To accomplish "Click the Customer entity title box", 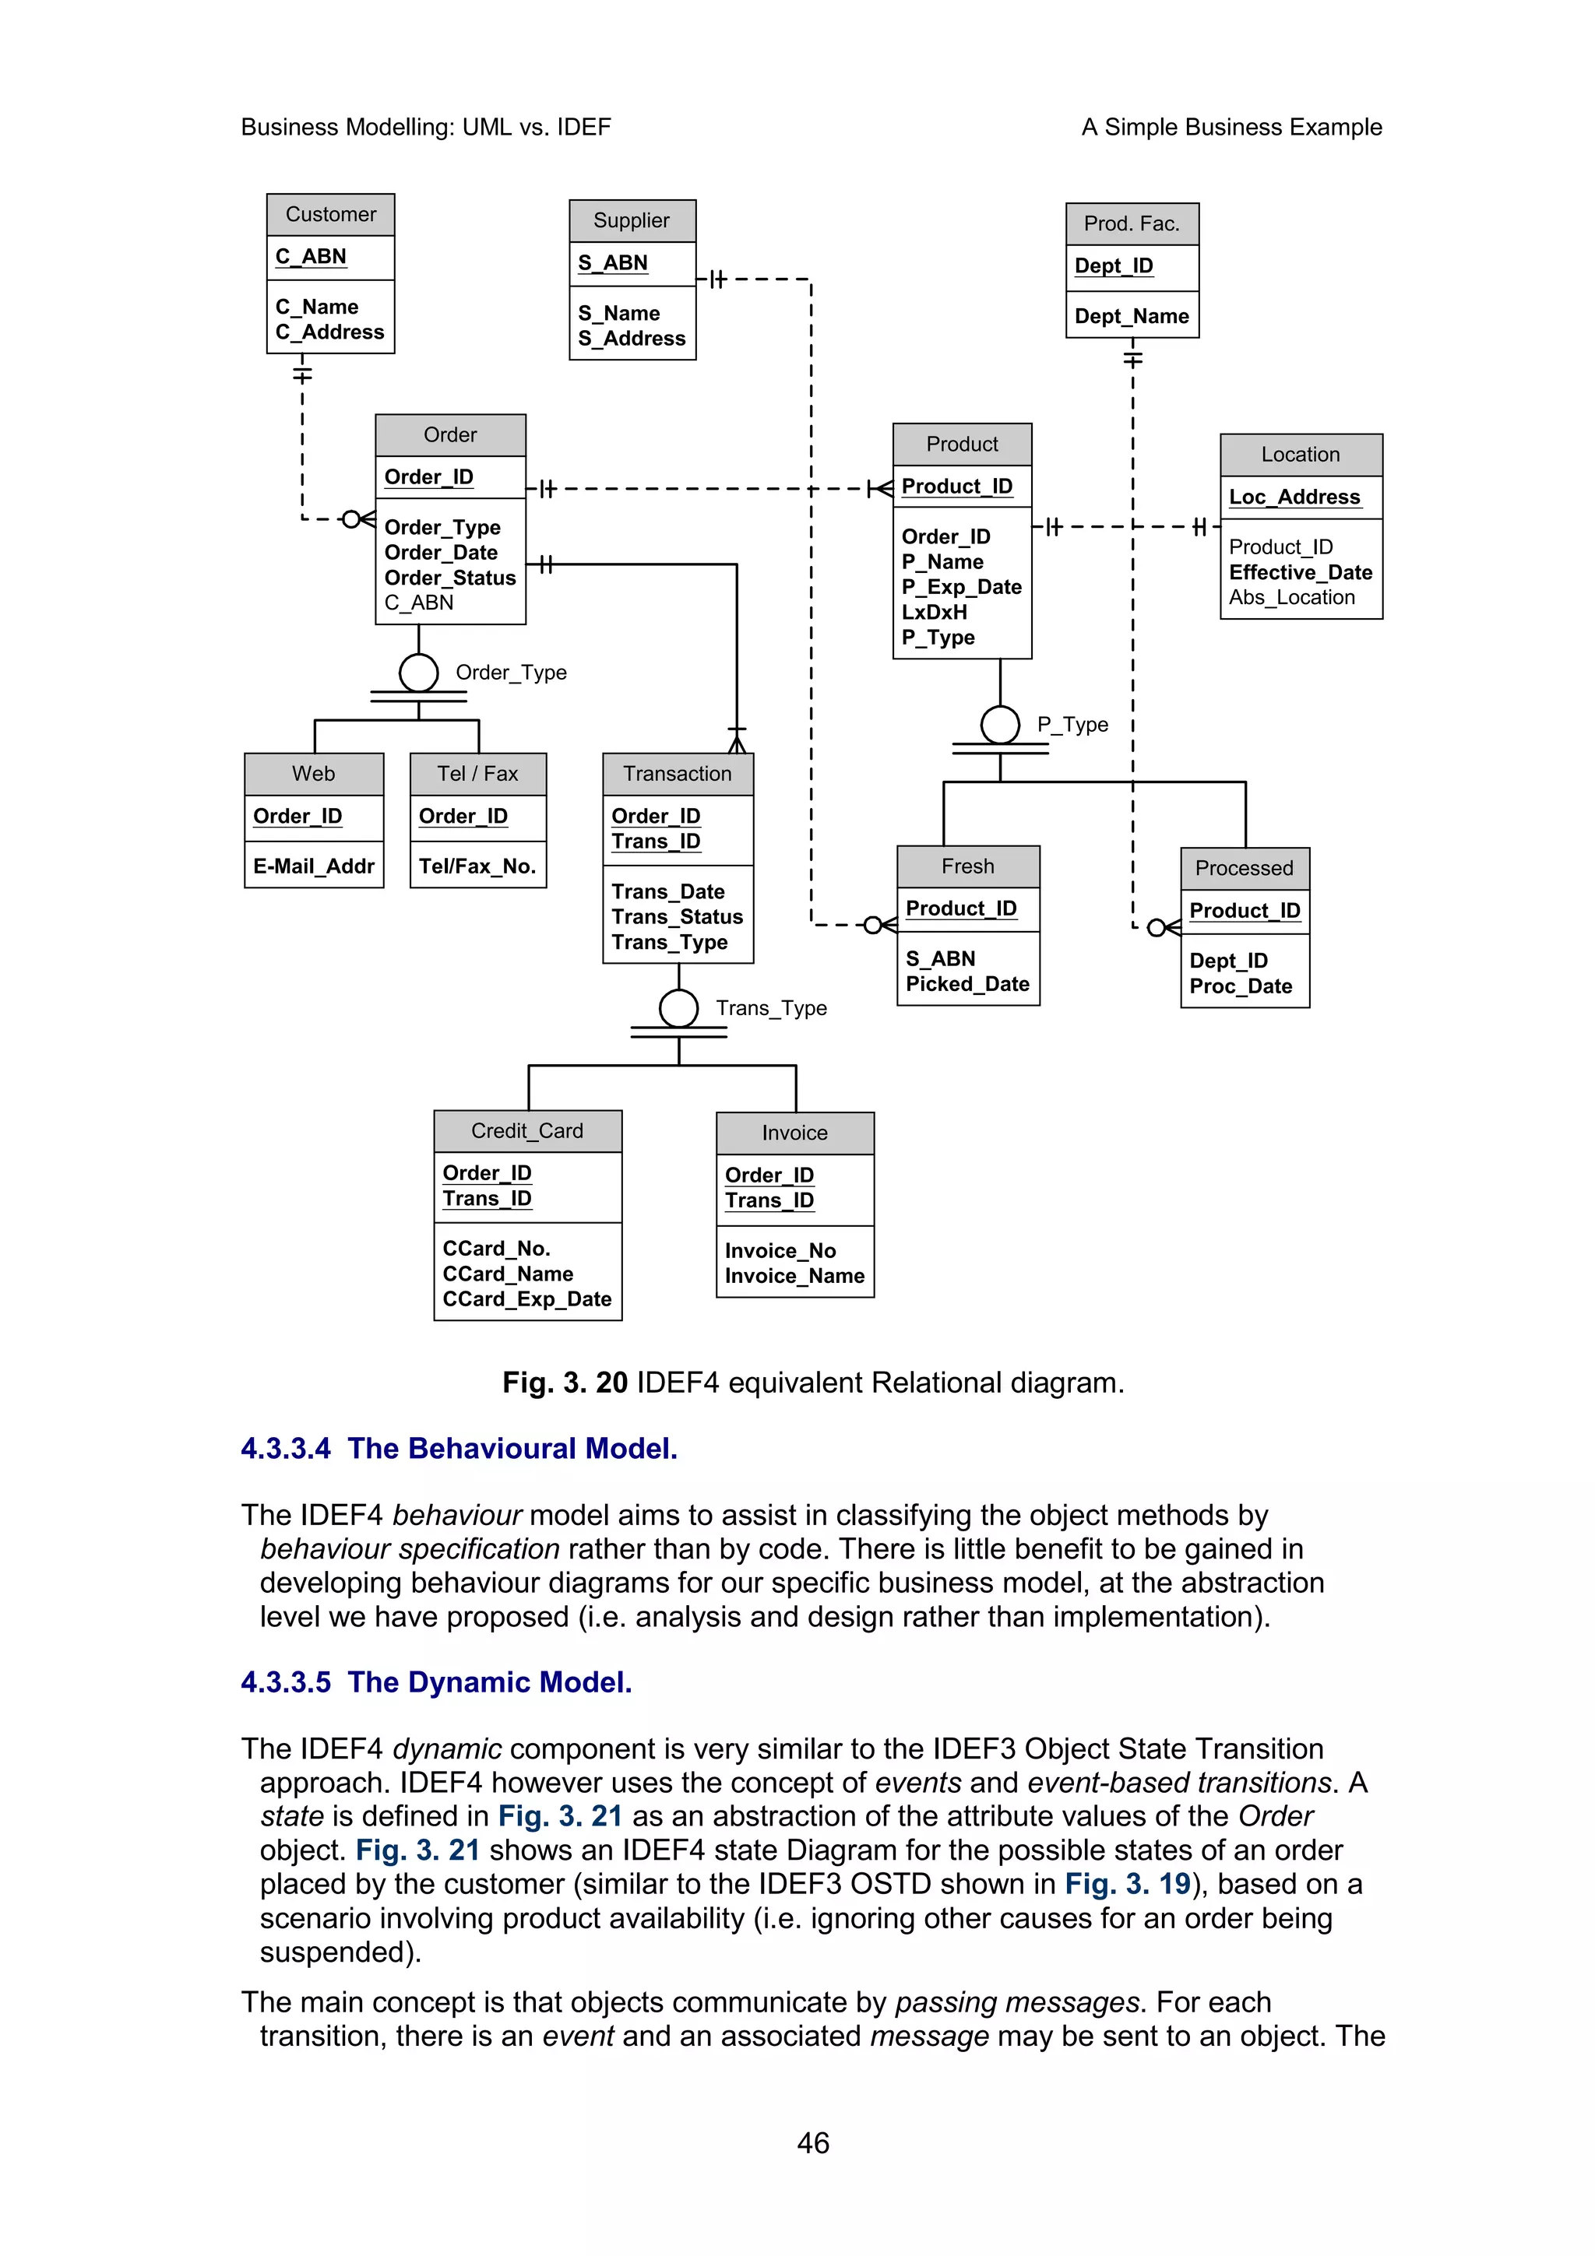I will [330, 214].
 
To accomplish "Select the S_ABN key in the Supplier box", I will [612, 263].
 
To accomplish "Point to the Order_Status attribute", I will [449, 578].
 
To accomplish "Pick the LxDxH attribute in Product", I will [934, 612].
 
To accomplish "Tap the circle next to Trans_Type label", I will [678, 1008].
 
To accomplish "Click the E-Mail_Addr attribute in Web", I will [314, 866].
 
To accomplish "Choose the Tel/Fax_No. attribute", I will [477, 866].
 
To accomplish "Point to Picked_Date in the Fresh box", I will [967, 985].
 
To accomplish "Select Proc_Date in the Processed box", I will [1240, 986].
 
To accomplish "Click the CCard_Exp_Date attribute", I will [526, 1299].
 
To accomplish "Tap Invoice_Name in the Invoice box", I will [794, 1277].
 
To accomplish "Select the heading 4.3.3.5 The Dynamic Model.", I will [436, 1682].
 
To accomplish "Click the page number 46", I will [813, 2143].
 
